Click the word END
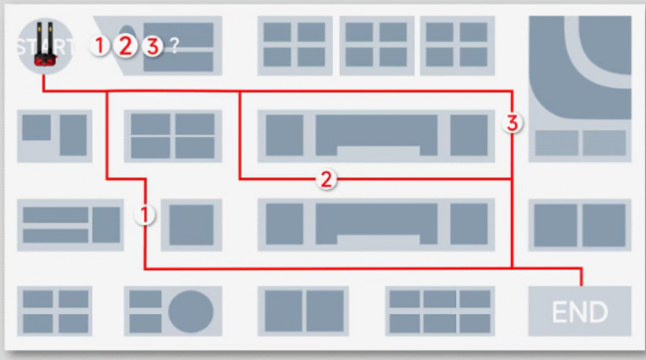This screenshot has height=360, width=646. click(x=579, y=311)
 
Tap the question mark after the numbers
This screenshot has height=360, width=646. click(x=175, y=46)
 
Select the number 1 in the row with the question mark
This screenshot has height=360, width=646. click(x=99, y=46)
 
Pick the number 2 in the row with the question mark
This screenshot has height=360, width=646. click(x=125, y=46)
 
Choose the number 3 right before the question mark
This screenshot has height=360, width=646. click(x=152, y=46)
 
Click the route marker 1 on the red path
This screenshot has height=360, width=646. click(x=144, y=215)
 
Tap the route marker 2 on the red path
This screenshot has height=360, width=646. click(x=326, y=179)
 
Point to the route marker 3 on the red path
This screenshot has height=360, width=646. click(x=512, y=123)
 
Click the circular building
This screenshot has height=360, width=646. click(x=191, y=311)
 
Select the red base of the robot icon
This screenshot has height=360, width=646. click(x=45, y=61)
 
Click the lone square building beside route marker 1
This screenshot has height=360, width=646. click(x=192, y=225)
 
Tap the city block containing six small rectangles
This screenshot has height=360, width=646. click(x=440, y=311)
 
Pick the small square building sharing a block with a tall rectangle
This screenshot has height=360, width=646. click(x=36, y=127)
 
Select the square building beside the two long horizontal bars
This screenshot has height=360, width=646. click(x=106, y=225)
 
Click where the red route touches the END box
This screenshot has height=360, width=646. click(x=581, y=285)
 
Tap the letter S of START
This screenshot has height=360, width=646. click(x=23, y=47)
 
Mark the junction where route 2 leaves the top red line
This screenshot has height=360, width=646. click(x=240, y=91)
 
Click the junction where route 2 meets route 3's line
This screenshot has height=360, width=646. click(x=512, y=179)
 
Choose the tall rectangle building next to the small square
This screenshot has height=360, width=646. click(x=74, y=135)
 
